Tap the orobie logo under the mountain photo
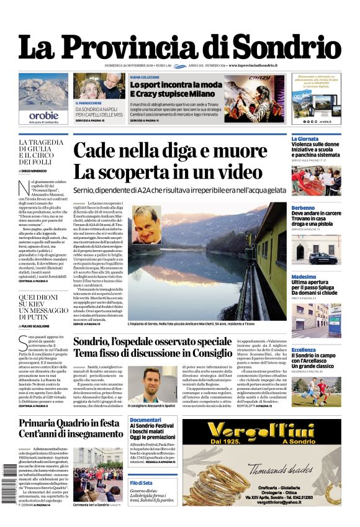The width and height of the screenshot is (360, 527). click(x=43, y=115)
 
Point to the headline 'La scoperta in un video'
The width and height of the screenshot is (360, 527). click(x=168, y=171)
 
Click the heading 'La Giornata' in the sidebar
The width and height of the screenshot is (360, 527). click(x=305, y=139)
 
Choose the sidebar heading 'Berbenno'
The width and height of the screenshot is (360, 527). click(x=304, y=207)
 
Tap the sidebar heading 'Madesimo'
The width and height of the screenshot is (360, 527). click(x=304, y=276)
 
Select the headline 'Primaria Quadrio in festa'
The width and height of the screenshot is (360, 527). click(x=70, y=423)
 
